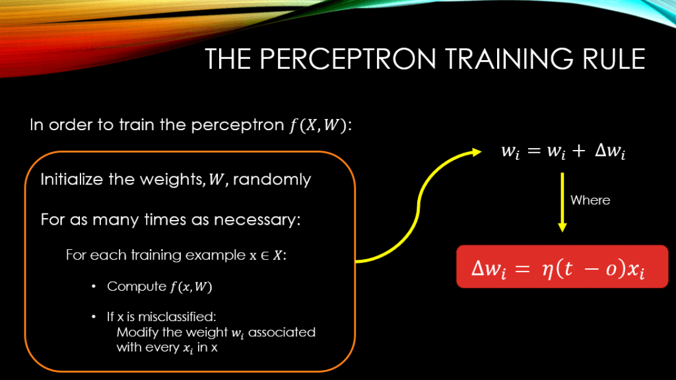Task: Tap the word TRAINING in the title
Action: pyautogui.click(x=491, y=59)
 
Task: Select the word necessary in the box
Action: pyautogui.click(x=261, y=219)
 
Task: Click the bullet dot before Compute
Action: pyautogui.click(x=94, y=287)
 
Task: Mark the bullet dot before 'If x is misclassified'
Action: pyautogui.click(x=94, y=317)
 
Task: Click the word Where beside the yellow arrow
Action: pyautogui.click(x=590, y=200)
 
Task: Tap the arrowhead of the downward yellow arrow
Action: pyautogui.click(x=562, y=226)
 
